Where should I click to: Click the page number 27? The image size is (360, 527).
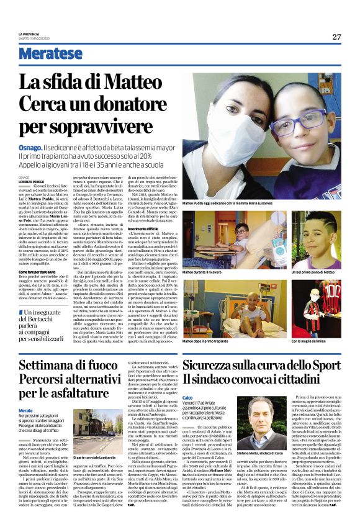(x=336, y=36)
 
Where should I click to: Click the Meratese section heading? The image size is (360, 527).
(x=50, y=54)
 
